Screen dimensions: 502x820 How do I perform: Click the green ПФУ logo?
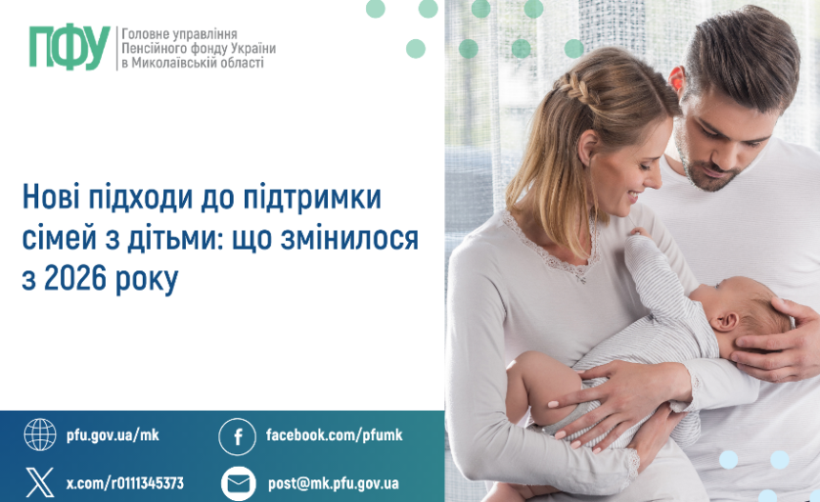69,47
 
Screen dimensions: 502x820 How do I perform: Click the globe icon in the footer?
40,434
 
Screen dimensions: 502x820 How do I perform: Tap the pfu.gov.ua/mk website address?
113,435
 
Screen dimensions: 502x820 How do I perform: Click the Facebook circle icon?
237,436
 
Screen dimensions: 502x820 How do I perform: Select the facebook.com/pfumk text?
334,435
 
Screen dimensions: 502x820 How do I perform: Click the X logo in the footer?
40,482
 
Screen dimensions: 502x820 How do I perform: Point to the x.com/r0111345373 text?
125,483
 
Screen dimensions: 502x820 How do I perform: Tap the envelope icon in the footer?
238,483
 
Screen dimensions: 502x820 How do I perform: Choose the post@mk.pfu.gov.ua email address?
333,483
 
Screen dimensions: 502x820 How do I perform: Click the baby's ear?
726,319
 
